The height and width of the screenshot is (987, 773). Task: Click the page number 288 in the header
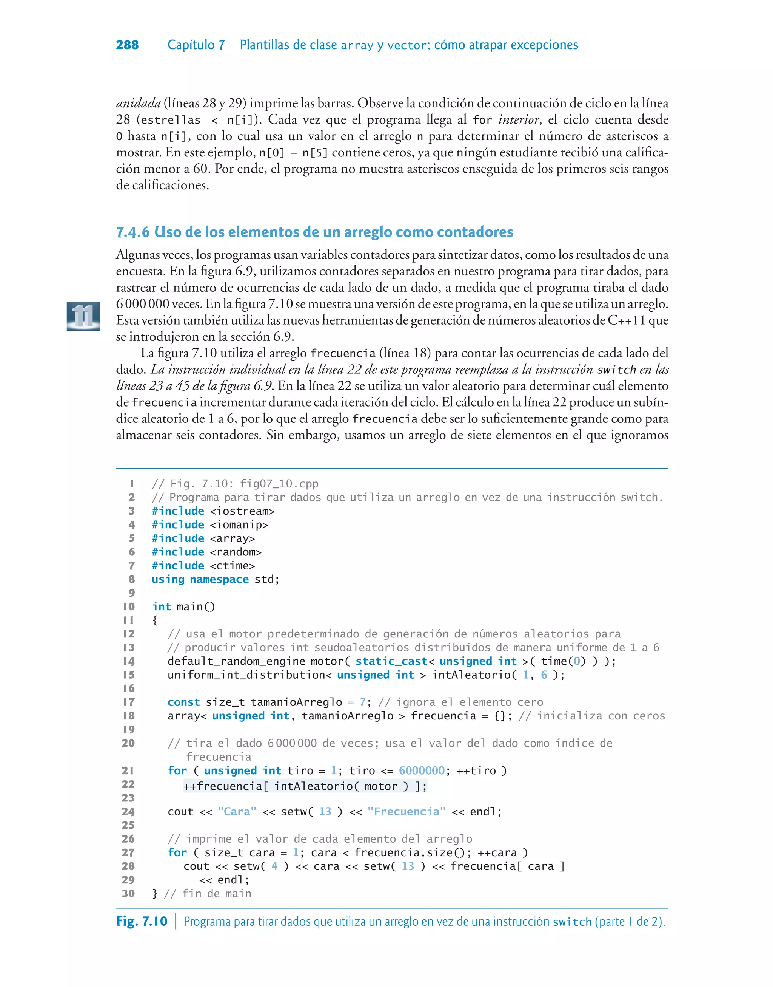point(127,45)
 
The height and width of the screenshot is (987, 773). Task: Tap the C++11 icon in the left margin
point(83,316)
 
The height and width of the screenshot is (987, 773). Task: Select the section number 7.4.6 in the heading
point(132,232)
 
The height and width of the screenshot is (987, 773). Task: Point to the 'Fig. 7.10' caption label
point(142,921)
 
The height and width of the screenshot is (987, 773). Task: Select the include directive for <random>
point(206,552)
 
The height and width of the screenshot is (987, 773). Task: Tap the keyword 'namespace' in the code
point(219,579)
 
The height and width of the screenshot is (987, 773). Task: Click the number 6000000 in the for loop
point(422,770)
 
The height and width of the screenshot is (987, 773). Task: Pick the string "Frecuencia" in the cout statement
point(407,811)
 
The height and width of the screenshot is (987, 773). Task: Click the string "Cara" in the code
point(237,811)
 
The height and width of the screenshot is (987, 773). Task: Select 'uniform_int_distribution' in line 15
point(246,675)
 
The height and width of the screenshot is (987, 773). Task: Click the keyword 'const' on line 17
point(183,702)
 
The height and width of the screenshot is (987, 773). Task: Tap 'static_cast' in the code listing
point(391,661)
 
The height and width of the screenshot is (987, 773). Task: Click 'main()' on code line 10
point(196,606)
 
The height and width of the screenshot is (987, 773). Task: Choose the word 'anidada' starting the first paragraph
point(138,103)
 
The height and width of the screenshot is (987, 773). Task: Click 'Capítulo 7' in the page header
point(196,45)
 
